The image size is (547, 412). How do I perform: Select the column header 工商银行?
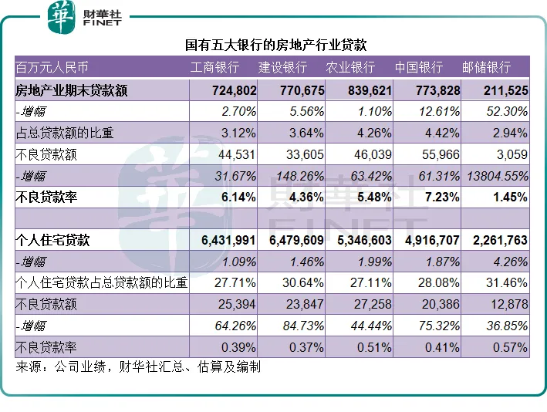click(x=214, y=68)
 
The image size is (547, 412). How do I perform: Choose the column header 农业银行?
click(x=350, y=68)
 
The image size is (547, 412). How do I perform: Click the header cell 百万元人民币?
click(x=52, y=68)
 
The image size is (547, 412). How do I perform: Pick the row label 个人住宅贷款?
click(x=52, y=240)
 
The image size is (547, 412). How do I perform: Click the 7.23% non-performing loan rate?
click(x=442, y=198)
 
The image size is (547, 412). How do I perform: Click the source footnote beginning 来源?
click(x=138, y=366)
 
